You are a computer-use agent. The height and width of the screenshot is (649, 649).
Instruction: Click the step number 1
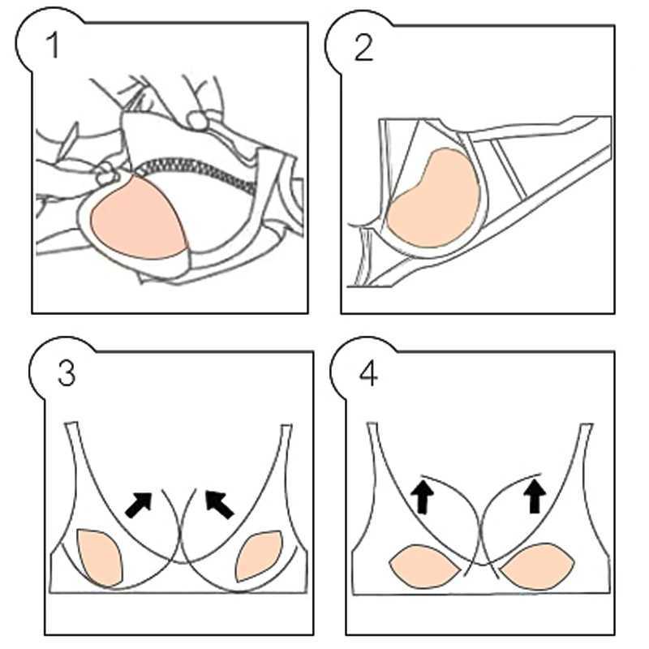(x=54, y=46)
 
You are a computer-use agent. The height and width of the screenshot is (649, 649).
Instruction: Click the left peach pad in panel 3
(x=99, y=556)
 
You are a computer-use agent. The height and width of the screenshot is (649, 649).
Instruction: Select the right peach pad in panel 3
(x=258, y=556)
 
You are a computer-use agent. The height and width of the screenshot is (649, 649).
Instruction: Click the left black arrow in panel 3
(x=139, y=503)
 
